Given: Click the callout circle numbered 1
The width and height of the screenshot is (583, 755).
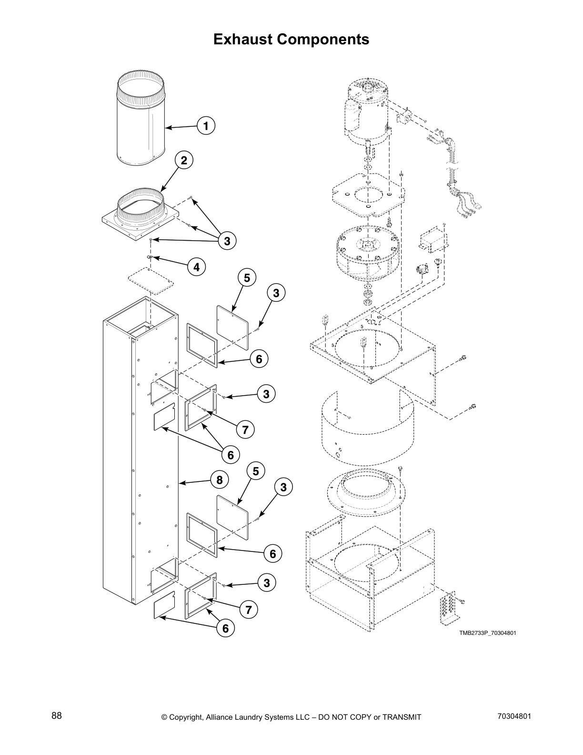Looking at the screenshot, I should tap(206, 126).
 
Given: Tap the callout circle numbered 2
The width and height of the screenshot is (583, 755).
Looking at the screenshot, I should tap(184, 161).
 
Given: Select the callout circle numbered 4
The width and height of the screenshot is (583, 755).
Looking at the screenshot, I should tap(196, 267).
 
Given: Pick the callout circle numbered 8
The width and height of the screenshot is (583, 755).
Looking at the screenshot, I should tap(219, 480).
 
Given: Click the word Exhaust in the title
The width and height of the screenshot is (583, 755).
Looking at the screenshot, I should tap(243, 39).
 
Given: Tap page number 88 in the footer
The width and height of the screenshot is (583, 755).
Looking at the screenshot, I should tap(57, 716).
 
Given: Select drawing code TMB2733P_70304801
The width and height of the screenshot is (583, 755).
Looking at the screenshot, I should tap(487, 633).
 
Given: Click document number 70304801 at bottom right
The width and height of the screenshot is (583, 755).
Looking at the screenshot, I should tap(514, 716).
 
